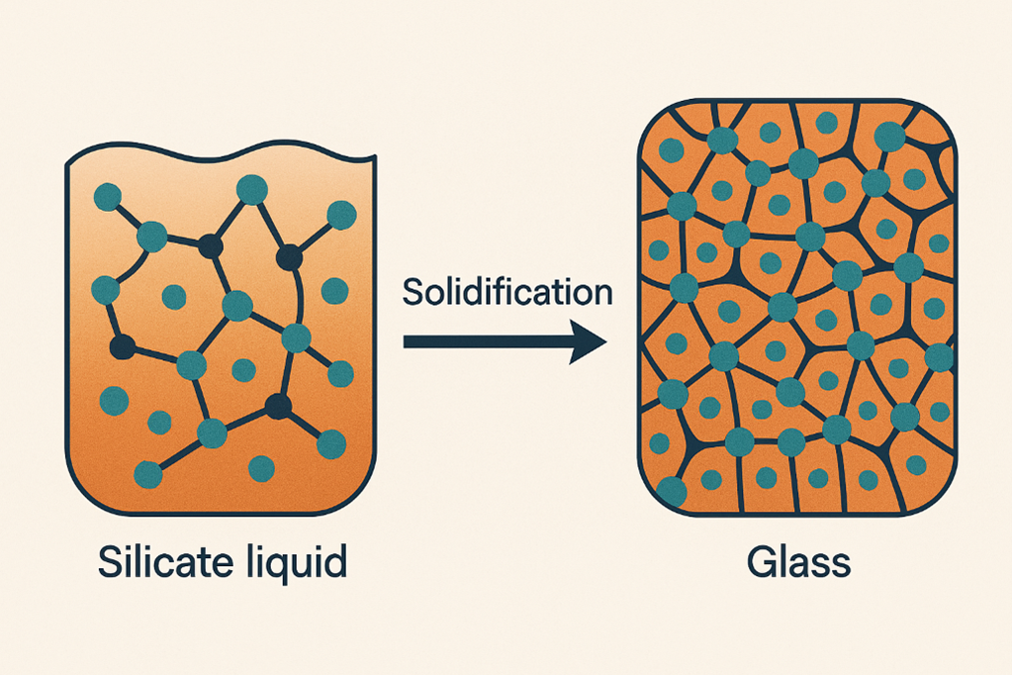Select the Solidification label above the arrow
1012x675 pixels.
[x=507, y=293]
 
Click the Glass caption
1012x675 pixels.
[x=797, y=562]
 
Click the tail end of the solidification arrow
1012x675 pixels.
[x=408, y=341]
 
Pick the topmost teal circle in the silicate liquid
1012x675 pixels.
[x=252, y=189]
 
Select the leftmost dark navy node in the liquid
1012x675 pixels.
[x=122, y=347]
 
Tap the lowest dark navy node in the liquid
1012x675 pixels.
[x=278, y=404]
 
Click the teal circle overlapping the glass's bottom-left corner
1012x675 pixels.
[x=671, y=490]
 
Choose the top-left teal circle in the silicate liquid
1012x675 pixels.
[x=107, y=197]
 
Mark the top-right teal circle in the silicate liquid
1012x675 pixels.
[x=340, y=214]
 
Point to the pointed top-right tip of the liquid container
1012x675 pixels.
[x=374, y=157]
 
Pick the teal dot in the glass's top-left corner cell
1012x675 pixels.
[x=671, y=150]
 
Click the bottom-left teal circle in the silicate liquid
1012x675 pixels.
[x=148, y=474]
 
